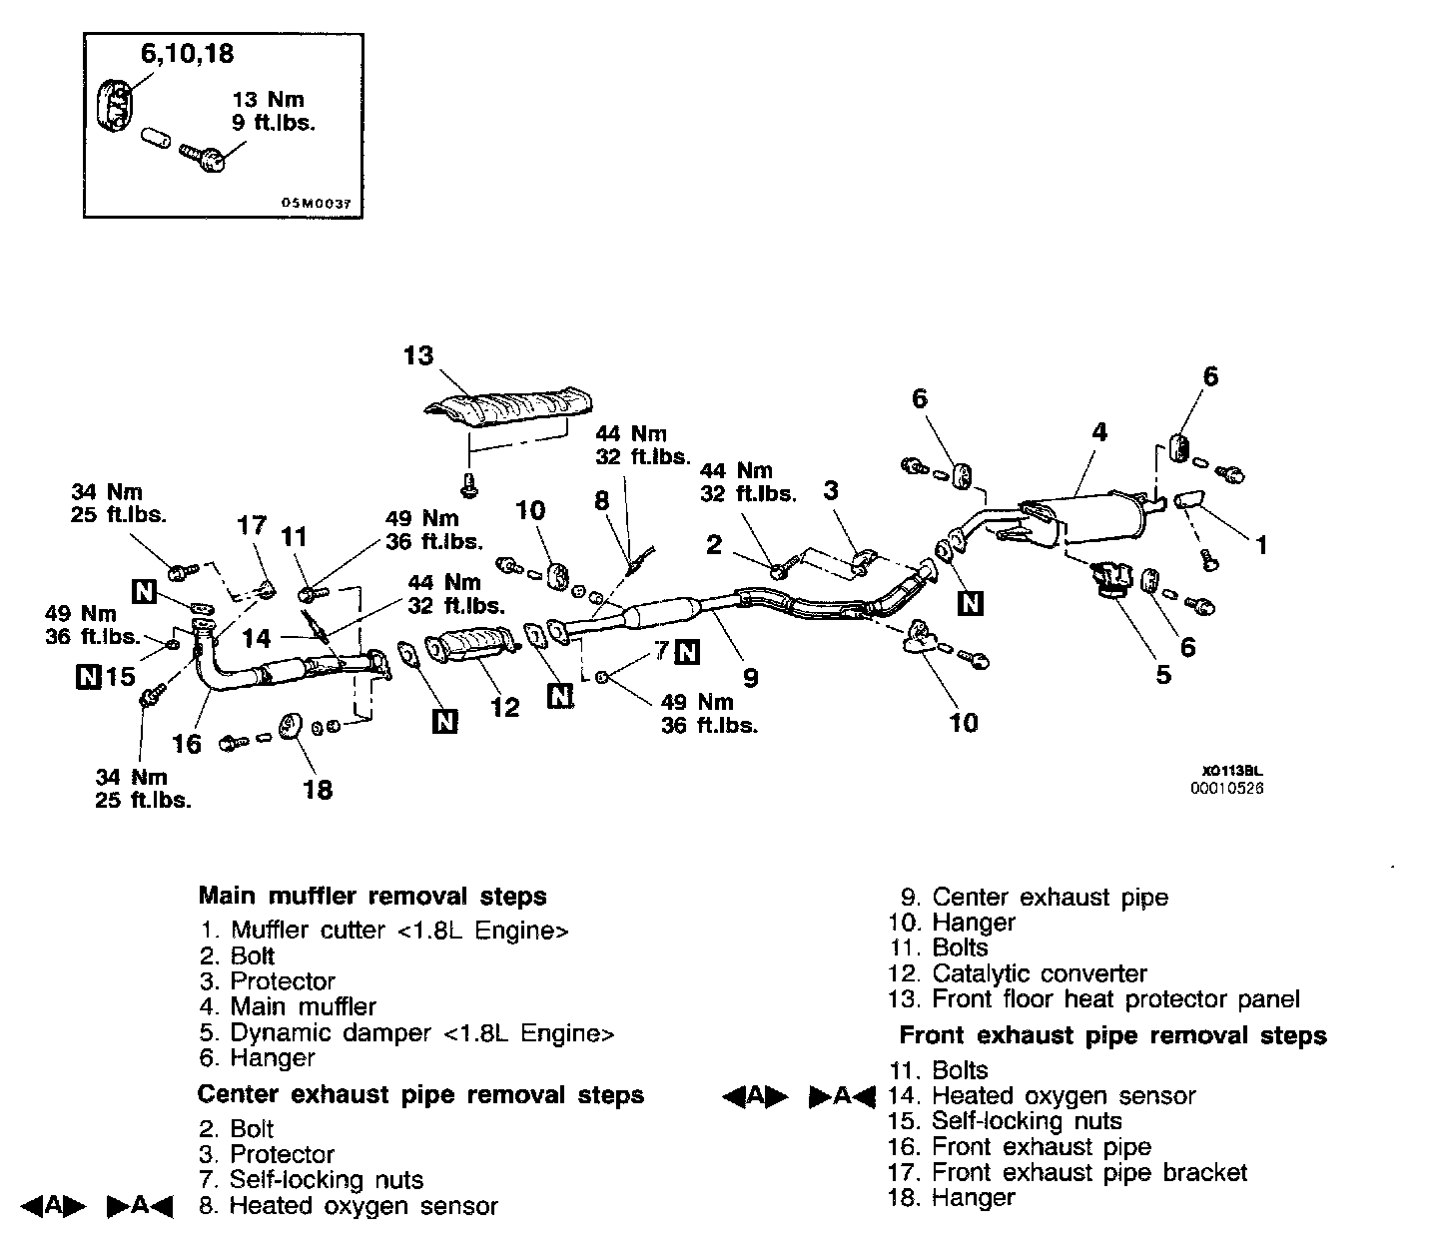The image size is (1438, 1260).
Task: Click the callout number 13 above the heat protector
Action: click(x=419, y=355)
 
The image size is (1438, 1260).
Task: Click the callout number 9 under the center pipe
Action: click(x=750, y=677)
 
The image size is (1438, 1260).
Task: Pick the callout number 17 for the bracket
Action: click(x=253, y=526)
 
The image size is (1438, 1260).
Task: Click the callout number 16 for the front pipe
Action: click(x=187, y=743)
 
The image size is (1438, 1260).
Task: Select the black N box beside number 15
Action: click(x=88, y=677)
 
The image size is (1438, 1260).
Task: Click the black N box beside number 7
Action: click(x=687, y=651)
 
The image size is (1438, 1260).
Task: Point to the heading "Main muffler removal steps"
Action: click(x=372, y=896)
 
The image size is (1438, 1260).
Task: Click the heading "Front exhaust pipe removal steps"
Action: click(x=1112, y=1035)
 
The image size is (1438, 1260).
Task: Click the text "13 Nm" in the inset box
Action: click(x=268, y=100)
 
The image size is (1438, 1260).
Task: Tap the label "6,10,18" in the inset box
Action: click(x=188, y=55)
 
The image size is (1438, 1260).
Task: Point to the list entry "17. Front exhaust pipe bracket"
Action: click(x=1068, y=1172)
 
